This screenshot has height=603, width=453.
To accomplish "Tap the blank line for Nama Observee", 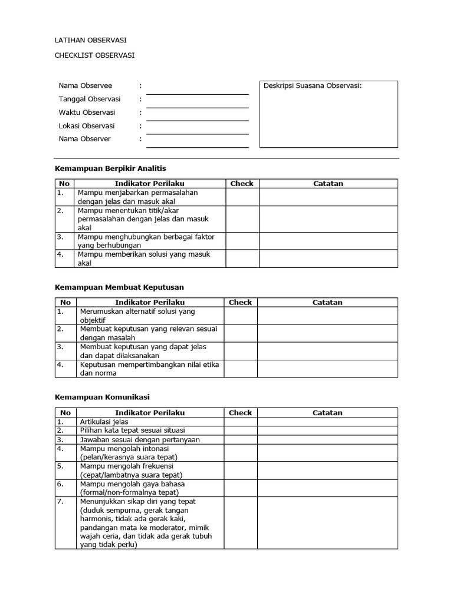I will pos(198,90).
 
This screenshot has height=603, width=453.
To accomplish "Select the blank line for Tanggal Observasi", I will pos(198,103).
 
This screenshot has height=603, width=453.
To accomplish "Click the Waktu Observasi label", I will pos(87,112).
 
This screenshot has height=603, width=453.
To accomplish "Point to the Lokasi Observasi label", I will pos(87,126).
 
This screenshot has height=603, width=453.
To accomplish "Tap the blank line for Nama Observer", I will pos(198,143).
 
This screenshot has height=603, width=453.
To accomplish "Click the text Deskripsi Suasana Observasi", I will pos(312,86).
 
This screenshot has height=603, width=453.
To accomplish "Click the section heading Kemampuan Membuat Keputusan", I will pos(119,287).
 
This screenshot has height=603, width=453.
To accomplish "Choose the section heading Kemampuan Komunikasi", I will pos(106,397).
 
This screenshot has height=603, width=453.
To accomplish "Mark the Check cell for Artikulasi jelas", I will pos(240,422).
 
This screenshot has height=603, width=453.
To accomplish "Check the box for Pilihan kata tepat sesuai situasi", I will pos(240,430).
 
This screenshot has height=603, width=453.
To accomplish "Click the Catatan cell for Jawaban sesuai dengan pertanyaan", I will pos(327,440).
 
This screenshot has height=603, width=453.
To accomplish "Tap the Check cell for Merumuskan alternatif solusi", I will pos(240,316).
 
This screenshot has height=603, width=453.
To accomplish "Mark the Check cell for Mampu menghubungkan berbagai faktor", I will pos(242,241).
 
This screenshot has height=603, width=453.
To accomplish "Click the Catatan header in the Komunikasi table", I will pos(327,413).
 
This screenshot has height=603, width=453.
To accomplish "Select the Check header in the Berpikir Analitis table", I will pos(242,184).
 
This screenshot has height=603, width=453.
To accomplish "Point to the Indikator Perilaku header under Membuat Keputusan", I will pos(150,303).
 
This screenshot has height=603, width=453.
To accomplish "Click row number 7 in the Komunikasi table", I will pos(60,502).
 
